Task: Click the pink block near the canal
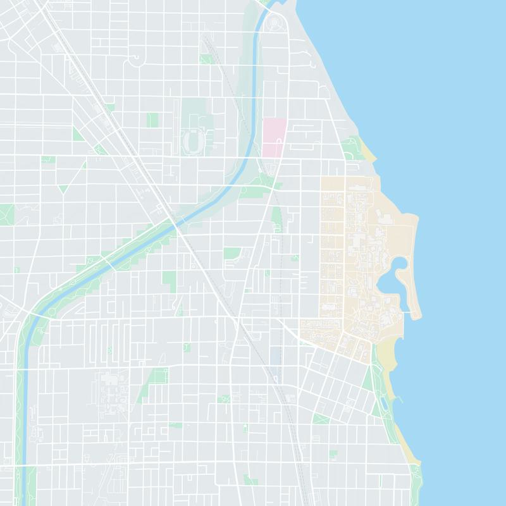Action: click(274, 137)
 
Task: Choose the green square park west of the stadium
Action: click(152, 120)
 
